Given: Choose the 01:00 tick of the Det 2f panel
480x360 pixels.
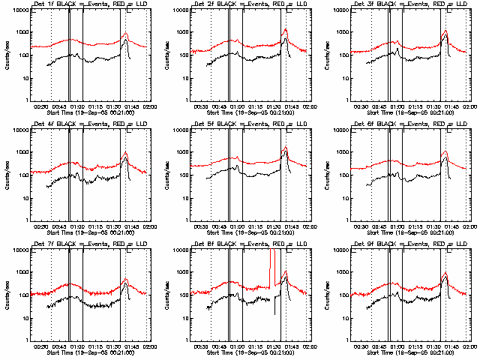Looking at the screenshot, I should coord(237,106).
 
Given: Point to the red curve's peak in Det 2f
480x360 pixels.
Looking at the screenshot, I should coord(286,29).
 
